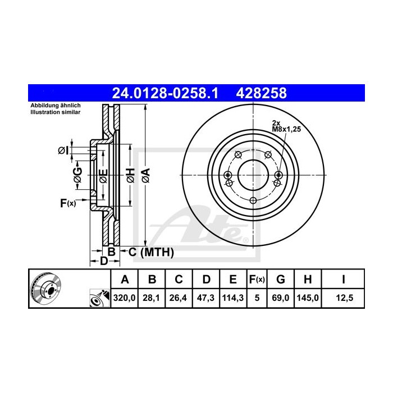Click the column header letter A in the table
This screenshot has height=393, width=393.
coord(125,279)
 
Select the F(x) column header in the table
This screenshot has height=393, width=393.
coord(257,279)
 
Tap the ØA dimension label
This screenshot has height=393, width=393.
coord(145,175)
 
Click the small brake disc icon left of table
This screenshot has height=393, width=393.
coord(47,290)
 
